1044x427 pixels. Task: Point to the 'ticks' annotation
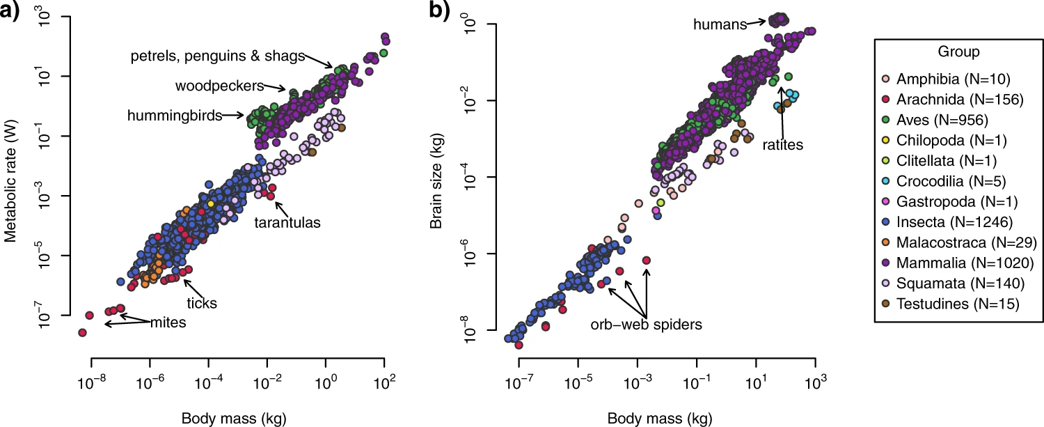coord(203,303)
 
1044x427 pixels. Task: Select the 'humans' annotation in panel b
coord(720,25)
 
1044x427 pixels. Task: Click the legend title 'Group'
coord(958,52)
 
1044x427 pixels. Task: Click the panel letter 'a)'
coord(12,12)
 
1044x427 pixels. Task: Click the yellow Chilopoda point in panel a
coord(211,204)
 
